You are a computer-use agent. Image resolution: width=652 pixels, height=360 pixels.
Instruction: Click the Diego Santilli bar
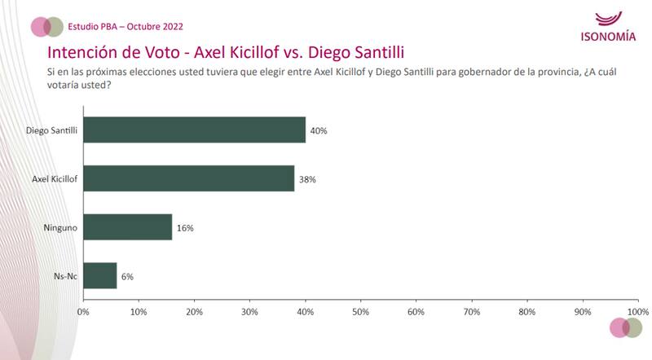click(x=194, y=130)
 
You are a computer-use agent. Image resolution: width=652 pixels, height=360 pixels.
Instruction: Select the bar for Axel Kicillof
click(x=188, y=178)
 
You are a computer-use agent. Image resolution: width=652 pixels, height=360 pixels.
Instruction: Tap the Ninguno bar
click(x=127, y=227)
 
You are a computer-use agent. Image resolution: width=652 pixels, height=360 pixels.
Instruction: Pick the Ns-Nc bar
click(x=99, y=276)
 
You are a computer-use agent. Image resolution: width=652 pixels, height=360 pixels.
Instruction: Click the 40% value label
click(x=318, y=130)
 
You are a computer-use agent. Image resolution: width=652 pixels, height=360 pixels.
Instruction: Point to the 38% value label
click(x=306, y=179)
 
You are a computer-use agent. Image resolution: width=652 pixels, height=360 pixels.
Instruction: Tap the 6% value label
click(x=126, y=277)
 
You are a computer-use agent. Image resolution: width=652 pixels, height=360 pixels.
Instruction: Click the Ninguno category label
click(x=60, y=227)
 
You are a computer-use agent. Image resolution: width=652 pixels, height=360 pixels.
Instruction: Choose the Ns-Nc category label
click(x=65, y=276)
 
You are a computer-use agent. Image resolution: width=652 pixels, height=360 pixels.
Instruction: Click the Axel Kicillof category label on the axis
click(x=55, y=178)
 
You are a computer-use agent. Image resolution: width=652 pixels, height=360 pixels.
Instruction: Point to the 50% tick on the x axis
click(x=360, y=312)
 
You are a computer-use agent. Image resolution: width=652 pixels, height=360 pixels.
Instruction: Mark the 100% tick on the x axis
click(x=637, y=312)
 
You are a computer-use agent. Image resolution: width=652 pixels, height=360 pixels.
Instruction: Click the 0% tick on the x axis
click(x=82, y=312)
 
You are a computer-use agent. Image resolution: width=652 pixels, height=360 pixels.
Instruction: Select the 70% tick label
click(x=471, y=312)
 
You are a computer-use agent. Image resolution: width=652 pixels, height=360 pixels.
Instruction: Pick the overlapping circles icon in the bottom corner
click(x=626, y=327)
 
